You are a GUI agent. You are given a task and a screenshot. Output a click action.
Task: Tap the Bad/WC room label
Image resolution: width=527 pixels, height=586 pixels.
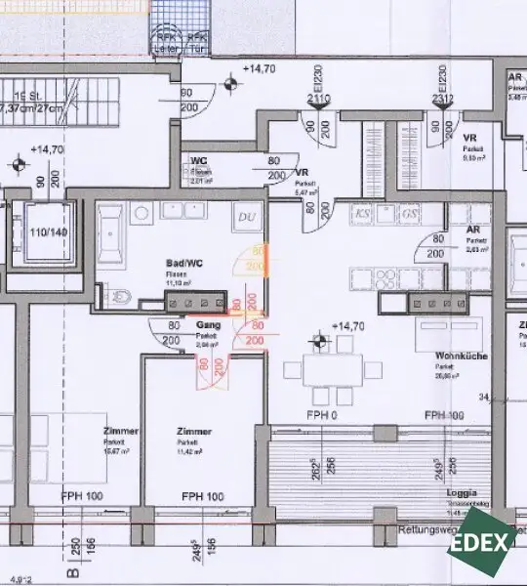coord(181,265)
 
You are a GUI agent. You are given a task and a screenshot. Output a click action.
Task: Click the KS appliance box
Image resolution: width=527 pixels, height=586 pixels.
coord(363,213)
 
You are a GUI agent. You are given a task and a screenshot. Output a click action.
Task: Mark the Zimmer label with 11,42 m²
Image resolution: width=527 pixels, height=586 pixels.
coord(194,431)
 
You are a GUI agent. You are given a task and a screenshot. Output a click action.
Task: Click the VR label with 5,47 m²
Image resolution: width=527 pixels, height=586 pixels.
coord(302,171)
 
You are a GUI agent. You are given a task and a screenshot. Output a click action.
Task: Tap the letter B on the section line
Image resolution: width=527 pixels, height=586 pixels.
coord(70,575)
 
